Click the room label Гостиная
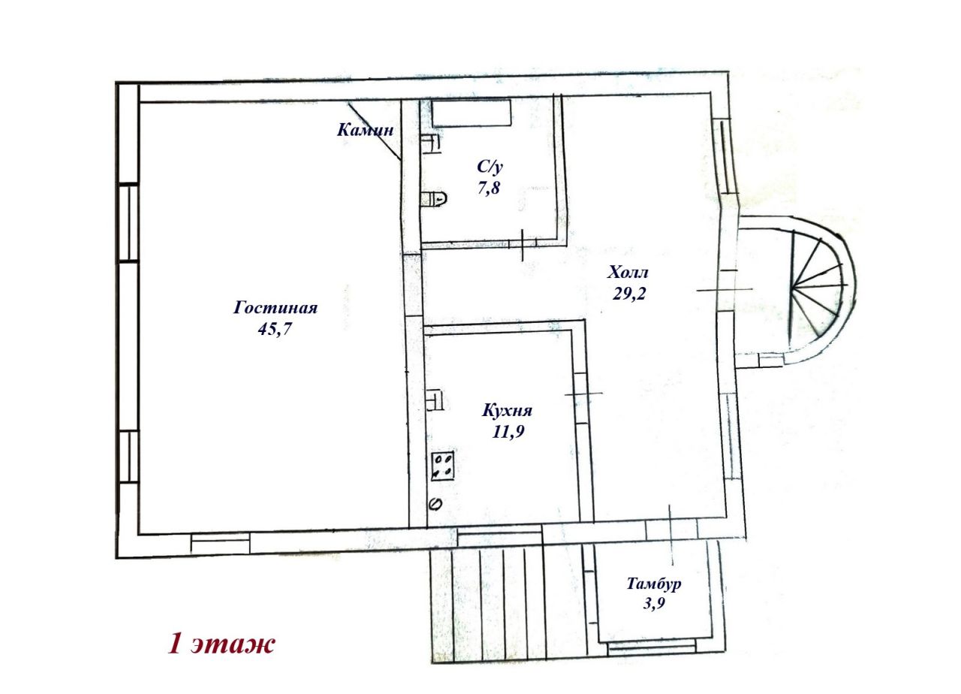pos(276,308)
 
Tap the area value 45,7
pos(275,329)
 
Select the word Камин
pos(365,130)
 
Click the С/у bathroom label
pos(490,167)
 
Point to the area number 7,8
pos(489,188)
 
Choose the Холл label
pos(628,272)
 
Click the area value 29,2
pos(629,294)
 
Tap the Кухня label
pos(507,410)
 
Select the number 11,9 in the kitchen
pos(508,432)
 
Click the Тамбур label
pos(654,584)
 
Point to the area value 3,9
pos(654,603)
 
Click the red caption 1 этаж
pos(221,644)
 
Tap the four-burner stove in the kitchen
pos(443,466)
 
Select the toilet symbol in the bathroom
pos(434,199)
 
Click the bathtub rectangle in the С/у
pos(471,113)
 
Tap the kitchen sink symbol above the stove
pos(435,401)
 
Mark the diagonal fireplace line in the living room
pos(375,131)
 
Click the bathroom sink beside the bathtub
pos(431,144)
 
